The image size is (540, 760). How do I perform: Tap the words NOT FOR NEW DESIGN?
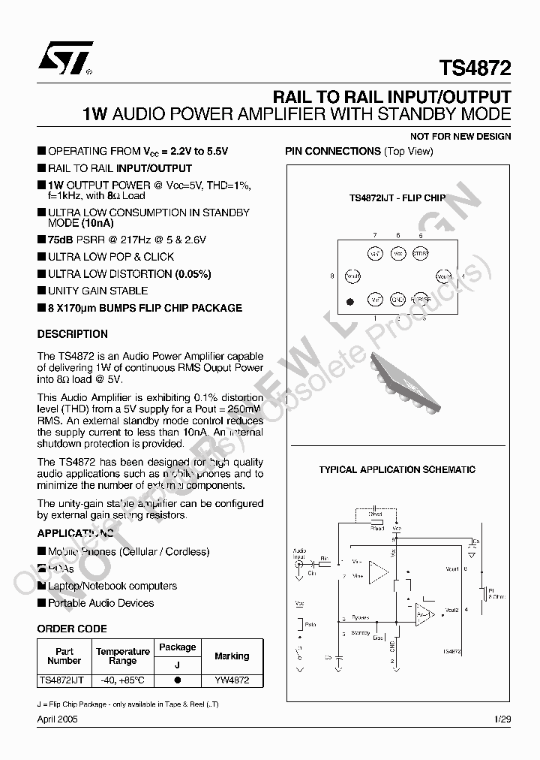click(460, 137)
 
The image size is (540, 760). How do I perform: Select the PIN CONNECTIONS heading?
click(333, 151)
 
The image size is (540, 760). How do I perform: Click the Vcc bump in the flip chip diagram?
click(398, 253)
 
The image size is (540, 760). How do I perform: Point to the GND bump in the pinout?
click(398, 300)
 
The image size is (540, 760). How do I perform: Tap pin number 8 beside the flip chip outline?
click(331, 276)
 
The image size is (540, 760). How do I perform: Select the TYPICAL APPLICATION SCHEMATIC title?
click(397, 470)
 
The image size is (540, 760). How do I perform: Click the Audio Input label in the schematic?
click(299, 553)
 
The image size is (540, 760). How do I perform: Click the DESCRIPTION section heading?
click(73, 334)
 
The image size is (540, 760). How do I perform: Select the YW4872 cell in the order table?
click(232, 680)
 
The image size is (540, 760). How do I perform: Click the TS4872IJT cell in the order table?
click(64, 680)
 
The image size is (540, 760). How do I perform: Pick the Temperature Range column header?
click(122, 656)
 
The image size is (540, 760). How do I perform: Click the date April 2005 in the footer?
click(57, 719)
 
